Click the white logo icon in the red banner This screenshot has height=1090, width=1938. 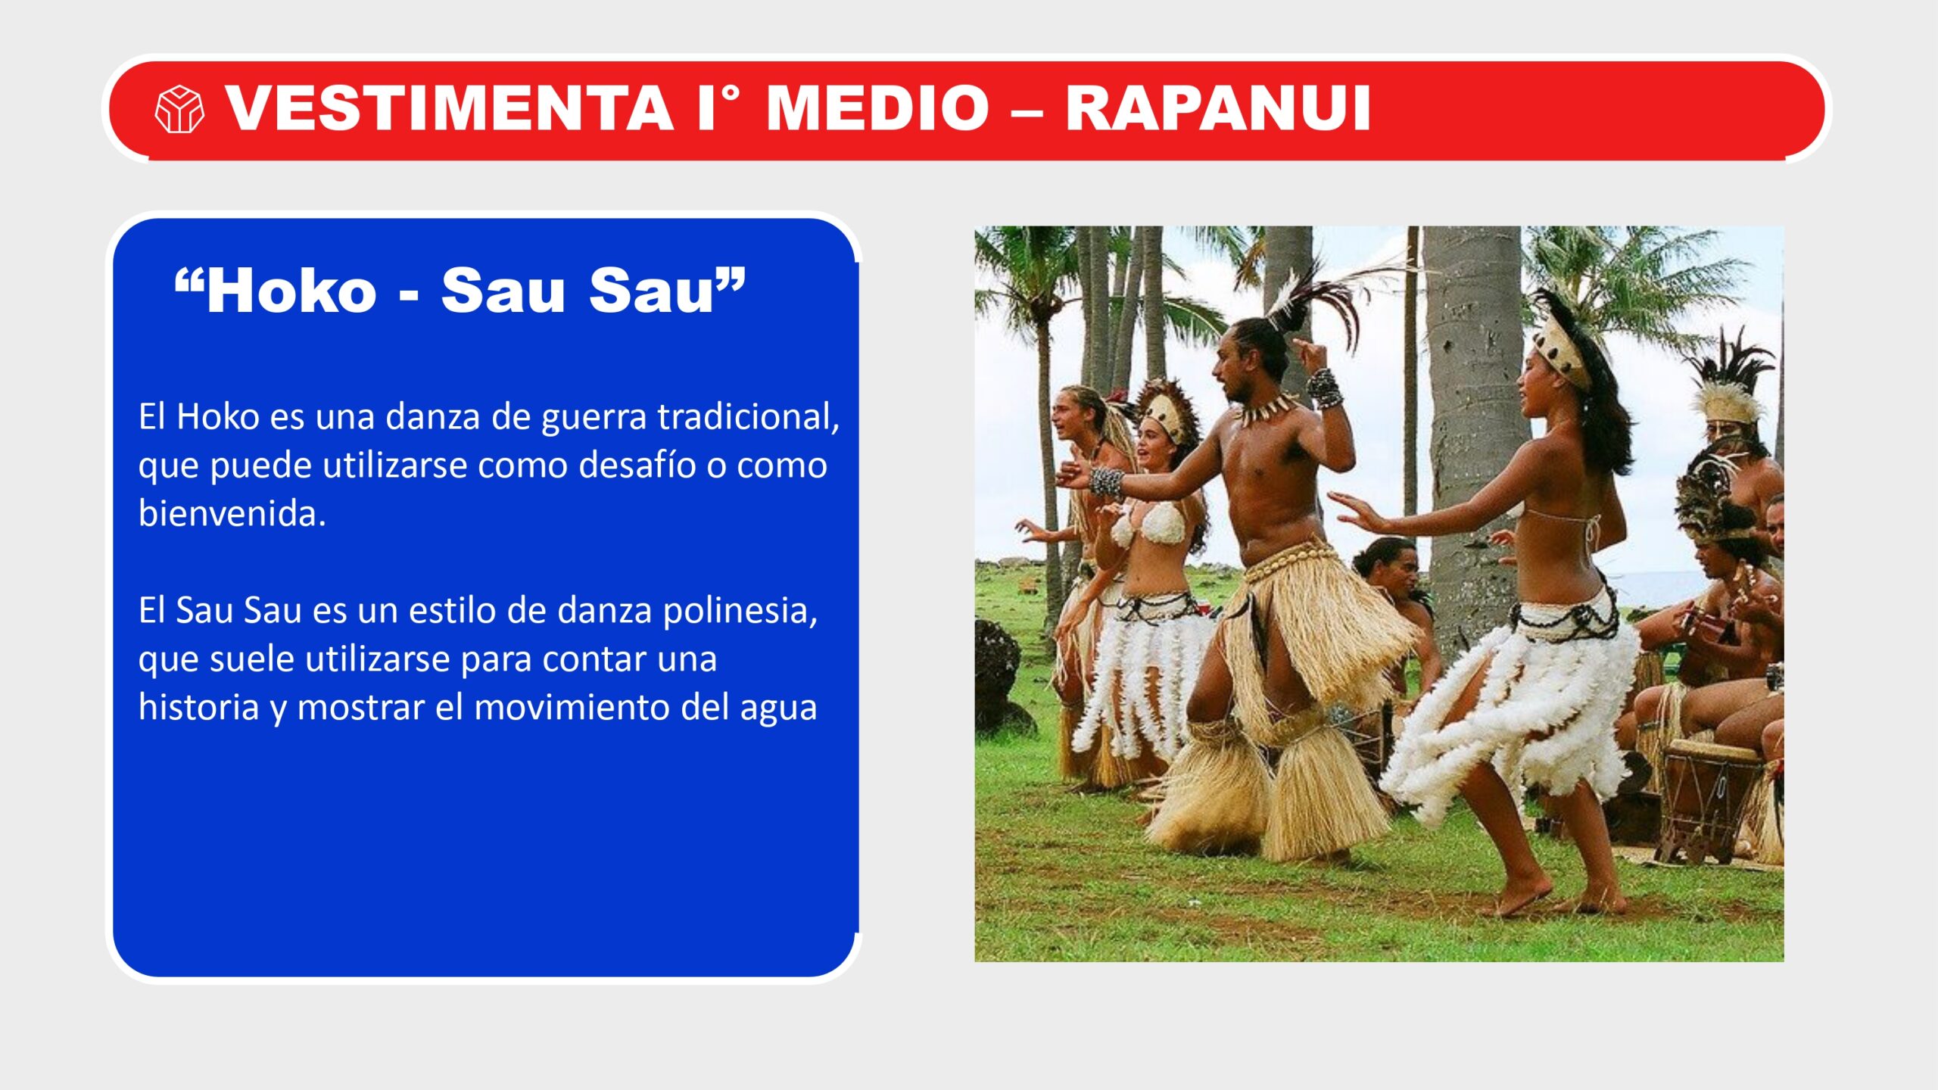coord(179,110)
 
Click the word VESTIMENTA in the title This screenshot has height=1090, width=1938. coord(450,108)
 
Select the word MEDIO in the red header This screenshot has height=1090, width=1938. coord(877,108)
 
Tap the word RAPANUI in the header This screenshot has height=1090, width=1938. coord(1218,108)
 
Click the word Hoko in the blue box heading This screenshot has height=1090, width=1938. coord(291,291)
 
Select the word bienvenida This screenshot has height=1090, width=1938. coord(232,513)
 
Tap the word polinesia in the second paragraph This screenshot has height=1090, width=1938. coord(740,610)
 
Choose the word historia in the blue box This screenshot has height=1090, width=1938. coord(198,707)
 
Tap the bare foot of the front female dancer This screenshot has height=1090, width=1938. coord(1522,901)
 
